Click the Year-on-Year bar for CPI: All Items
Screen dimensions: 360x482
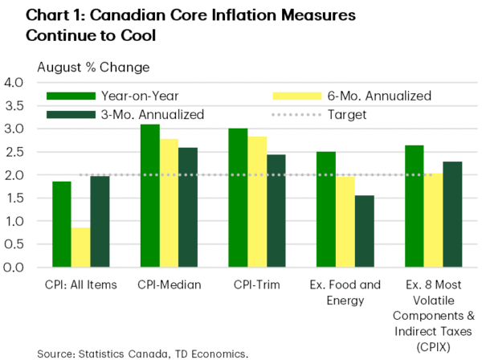tap(62, 224)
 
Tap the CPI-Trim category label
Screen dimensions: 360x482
tap(255, 283)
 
